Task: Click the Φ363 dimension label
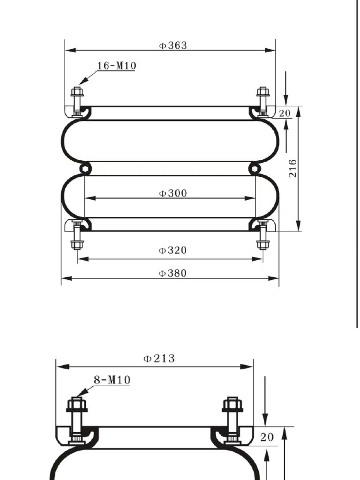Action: pyautogui.click(x=172, y=45)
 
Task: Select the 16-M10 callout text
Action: pyautogui.click(x=117, y=66)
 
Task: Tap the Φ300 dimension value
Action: pyautogui.click(x=172, y=193)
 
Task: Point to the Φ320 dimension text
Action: pyautogui.click(x=172, y=250)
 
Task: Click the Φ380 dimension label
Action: pyautogui.click(x=172, y=273)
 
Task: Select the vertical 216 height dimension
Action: pyautogui.click(x=292, y=168)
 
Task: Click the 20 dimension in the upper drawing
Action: pyautogui.click(x=285, y=113)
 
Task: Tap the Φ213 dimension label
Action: pyautogui.click(x=159, y=359)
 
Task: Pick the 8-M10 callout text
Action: pyautogui.click(x=112, y=380)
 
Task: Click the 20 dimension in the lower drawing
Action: pyautogui.click(x=267, y=437)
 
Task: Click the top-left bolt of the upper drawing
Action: pyautogui.click(x=77, y=100)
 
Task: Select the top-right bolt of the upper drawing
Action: pyautogui.click(x=263, y=100)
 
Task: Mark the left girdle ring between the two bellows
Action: pyautogui.click(x=85, y=168)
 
